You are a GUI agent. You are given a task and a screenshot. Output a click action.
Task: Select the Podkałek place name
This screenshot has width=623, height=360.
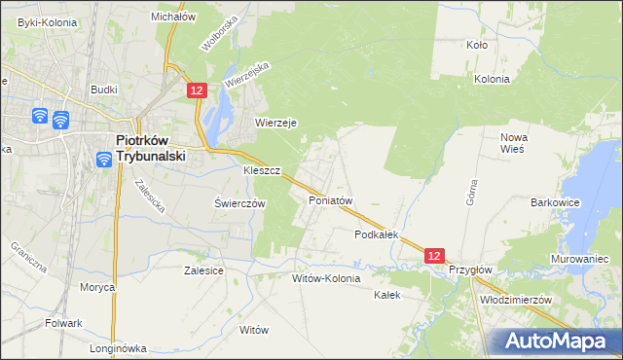[378, 234]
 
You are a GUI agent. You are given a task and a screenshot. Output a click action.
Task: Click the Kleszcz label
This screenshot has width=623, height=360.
[261, 170]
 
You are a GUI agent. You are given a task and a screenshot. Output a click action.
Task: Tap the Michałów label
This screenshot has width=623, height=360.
[174, 17]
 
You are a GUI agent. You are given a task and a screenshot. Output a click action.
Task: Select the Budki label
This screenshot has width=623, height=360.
[104, 90]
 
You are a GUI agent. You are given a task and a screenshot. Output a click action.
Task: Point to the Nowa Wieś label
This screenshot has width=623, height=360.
[513, 143]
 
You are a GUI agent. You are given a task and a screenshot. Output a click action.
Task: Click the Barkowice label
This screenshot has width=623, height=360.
[556, 202]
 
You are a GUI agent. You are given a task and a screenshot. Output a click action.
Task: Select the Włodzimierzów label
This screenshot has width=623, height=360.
[516, 300]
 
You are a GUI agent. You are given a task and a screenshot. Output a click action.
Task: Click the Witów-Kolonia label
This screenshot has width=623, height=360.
[326, 278]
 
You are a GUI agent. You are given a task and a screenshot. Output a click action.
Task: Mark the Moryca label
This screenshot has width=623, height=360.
[97, 287]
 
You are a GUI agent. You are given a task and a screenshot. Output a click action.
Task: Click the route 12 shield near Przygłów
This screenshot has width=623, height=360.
[435, 255]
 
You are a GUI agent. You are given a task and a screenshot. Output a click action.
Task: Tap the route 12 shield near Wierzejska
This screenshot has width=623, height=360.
[197, 90]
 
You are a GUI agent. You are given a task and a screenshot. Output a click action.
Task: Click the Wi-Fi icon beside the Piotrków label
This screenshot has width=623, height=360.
[104, 160]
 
